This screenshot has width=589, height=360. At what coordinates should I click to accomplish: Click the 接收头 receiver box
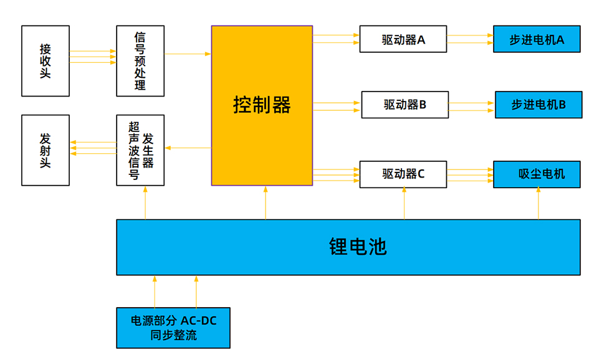(45, 61)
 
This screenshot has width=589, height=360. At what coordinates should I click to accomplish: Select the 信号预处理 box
(140, 61)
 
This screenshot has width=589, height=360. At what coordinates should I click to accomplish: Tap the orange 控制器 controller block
(262, 105)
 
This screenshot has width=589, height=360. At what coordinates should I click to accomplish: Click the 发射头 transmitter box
(45, 150)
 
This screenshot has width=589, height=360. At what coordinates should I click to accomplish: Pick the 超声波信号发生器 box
(140, 150)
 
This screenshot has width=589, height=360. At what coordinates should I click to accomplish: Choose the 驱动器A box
(403, 39)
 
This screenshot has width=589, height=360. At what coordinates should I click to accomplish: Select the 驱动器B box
(405, 105)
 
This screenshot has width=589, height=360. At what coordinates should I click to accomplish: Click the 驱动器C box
(403, 174)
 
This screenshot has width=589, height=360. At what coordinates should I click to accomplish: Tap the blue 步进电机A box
(537, 39)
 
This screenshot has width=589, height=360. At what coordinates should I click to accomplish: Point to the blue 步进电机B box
(539, 105)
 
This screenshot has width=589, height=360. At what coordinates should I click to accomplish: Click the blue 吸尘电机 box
(537, 174)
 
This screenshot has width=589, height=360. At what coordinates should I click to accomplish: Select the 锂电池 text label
(358, 247)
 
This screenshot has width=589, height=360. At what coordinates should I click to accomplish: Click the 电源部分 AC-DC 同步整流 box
(173, 328)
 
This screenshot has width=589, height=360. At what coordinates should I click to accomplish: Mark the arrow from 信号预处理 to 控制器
(188, 54)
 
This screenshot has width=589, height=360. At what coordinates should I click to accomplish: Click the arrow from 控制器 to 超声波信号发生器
(188, 148)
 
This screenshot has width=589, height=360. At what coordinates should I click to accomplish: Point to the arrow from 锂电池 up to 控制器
(266, 202)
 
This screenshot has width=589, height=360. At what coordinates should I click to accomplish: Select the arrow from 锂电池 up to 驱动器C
(405, 204)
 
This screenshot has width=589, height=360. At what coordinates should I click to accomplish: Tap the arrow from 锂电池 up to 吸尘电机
(539, 204)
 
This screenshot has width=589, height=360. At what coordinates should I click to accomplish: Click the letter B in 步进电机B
(562, 105)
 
